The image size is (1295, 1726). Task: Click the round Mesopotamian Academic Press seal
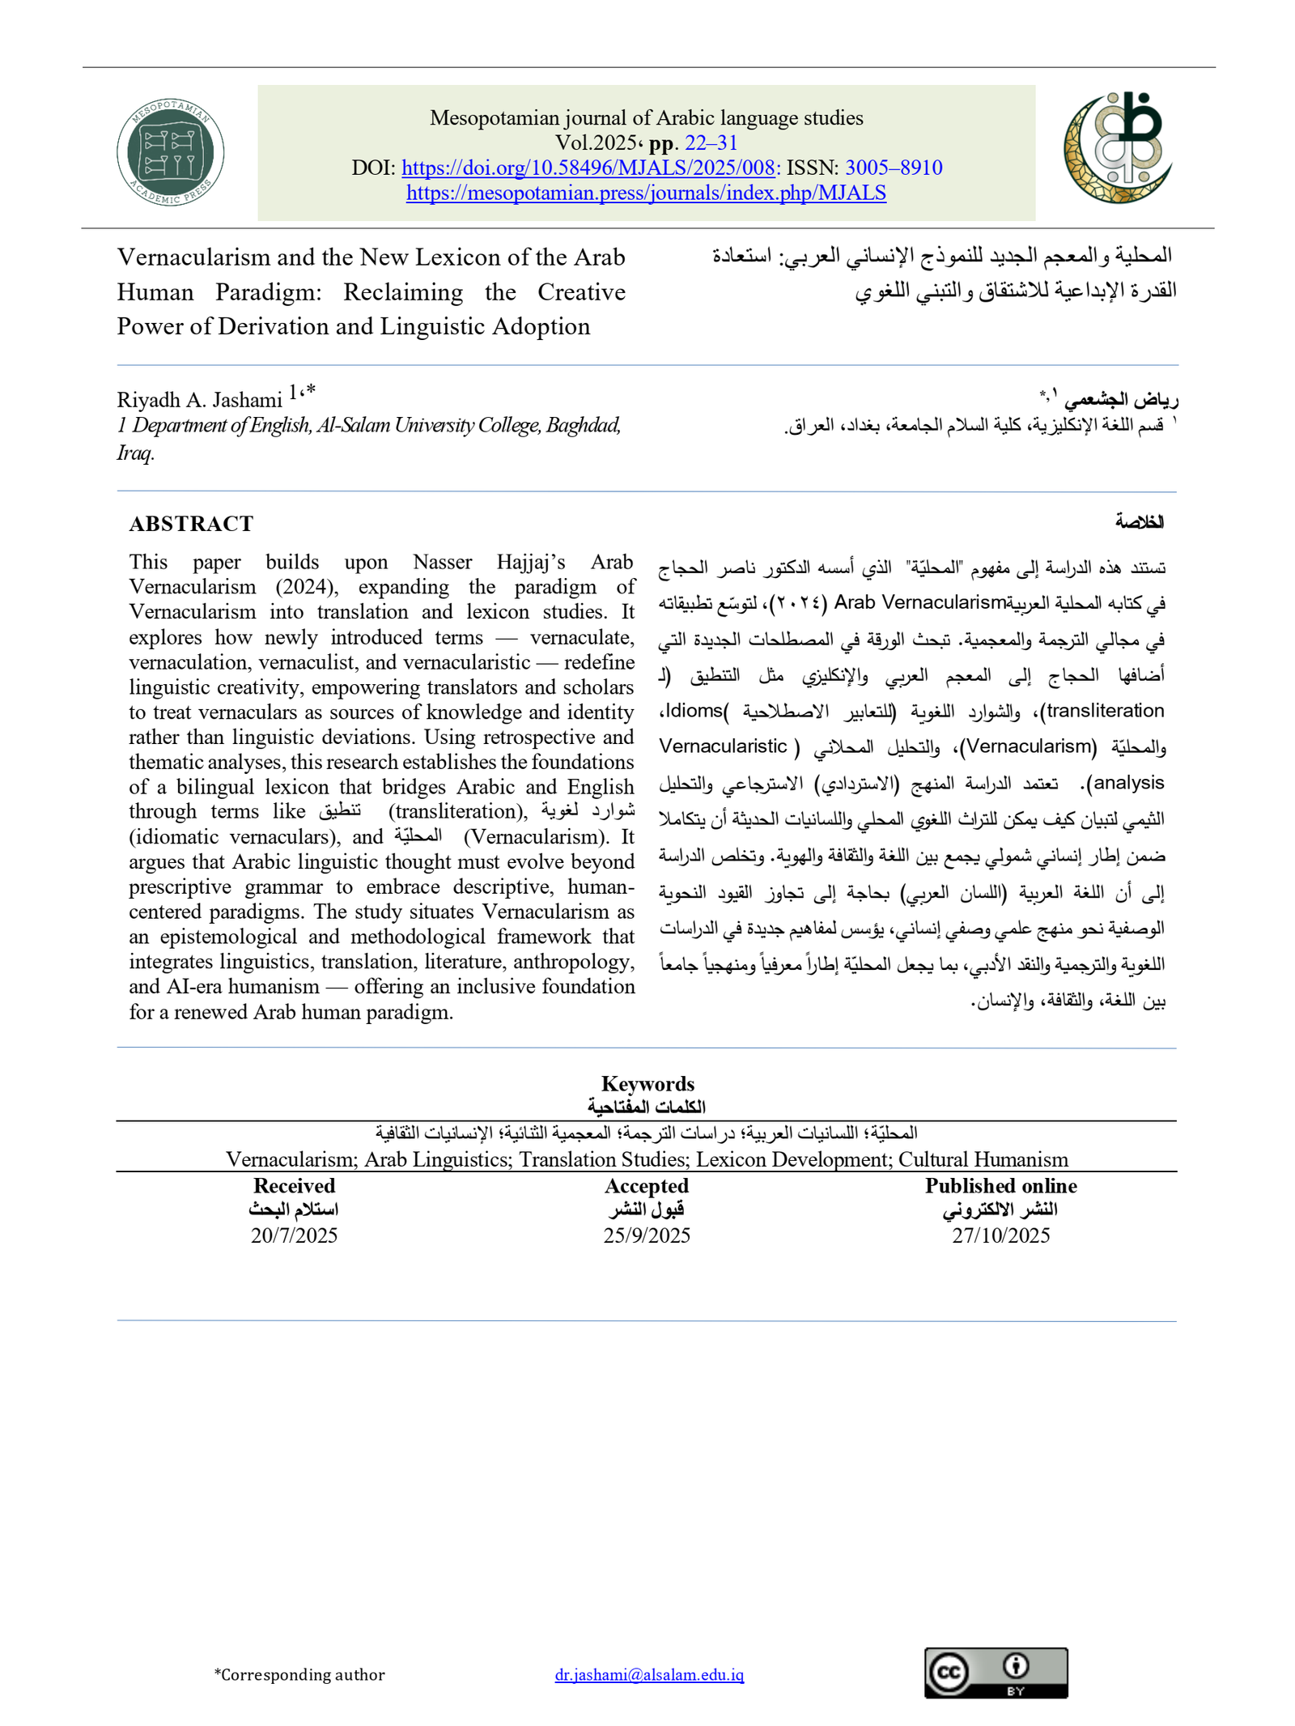[x=170, y=152]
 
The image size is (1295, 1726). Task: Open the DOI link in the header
[x=588, y=168]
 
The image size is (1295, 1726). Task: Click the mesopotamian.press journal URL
[x=646, y=193]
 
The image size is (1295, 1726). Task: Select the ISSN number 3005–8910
[x=894, y=168]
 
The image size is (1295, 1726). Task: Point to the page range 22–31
[x=711, y=143]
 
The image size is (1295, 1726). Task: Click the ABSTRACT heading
[x=191, y=524]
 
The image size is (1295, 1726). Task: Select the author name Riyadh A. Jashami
[x=199, y=400]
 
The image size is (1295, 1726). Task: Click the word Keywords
[x=647, y=1083]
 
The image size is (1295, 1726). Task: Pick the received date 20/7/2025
[x=294, y=1235]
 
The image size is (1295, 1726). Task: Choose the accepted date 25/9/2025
[x=647, y=1235]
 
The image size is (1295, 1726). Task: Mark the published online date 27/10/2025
[x=1000, y=1235]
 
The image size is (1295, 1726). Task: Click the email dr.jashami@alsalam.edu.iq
[x=649, y=1674]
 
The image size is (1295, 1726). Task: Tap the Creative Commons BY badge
[x=996, y=1673]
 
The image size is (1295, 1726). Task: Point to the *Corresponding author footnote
[x=299, y=1674]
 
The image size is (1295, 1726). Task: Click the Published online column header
[x=1001, y=1186]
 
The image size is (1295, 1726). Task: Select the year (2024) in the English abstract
[x=305, y=587]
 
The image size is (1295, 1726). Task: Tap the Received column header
[x=294, y=1186]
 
